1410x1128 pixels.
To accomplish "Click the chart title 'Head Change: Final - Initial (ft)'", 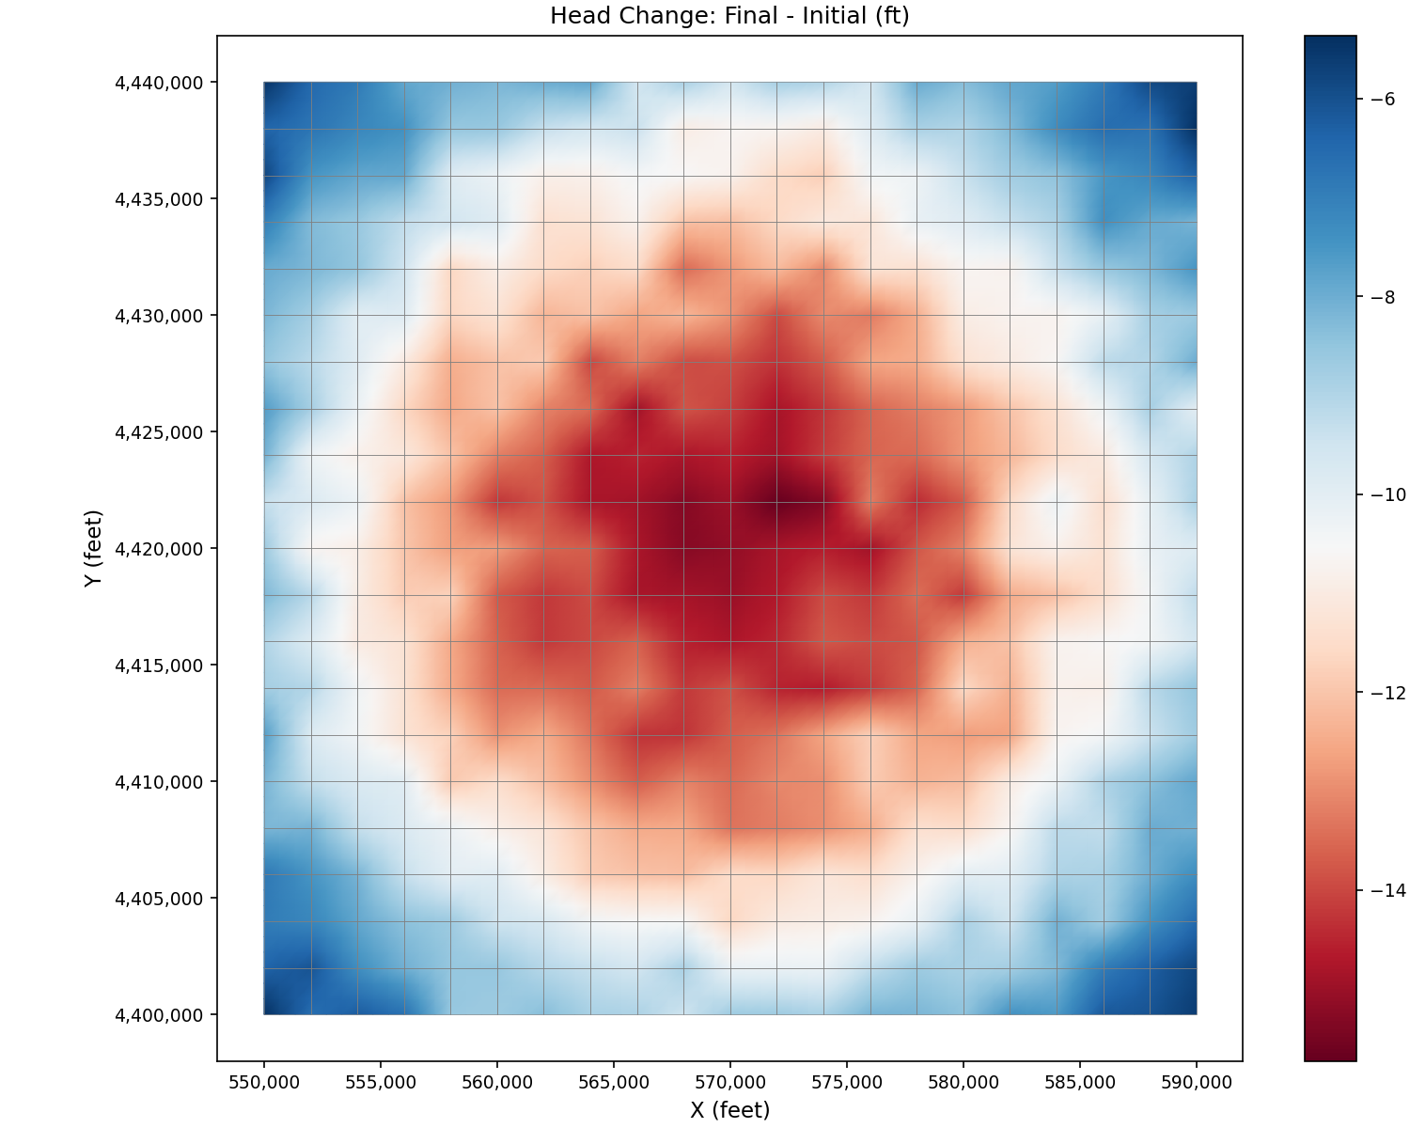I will point(729,16).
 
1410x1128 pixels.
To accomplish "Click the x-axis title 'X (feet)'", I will point(729,1110).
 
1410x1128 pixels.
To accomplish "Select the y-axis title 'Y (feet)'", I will point(93,549).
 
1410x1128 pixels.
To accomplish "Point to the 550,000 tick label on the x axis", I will point(264,1082).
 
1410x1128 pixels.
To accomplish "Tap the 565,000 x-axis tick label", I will point(614,1082).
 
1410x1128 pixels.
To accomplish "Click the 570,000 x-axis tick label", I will point(730,1082).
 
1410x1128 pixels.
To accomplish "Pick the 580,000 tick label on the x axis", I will point(963,1082).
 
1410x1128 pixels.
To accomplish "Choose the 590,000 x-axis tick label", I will point(1197,1082).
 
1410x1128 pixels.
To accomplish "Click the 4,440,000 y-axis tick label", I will point(159,83).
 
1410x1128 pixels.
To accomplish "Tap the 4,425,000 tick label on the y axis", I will point(159,432).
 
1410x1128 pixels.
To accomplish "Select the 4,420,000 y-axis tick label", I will point(159,549).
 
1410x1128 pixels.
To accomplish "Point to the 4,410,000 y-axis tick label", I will point(159,782).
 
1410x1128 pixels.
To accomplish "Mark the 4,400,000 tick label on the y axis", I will point(159,1015).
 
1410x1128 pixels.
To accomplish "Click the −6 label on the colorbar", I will point(1383,99).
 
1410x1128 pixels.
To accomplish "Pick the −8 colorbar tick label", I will point(1383,297).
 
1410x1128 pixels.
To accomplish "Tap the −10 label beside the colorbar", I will point(1388,494).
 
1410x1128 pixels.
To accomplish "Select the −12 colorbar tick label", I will point(1388,693).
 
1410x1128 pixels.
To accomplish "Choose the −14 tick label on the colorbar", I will point(1388,890).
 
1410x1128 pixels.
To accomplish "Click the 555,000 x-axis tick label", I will point(381,1082).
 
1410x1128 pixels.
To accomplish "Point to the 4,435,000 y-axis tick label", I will point(159,199).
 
